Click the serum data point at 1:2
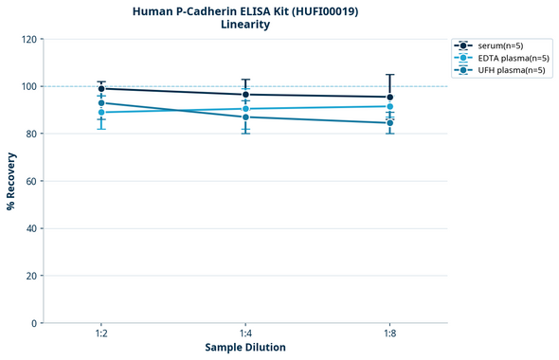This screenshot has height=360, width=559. pos(101,88)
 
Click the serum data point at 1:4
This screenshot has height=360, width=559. pos(245,95)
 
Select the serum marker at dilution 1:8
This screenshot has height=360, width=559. pos(389,97)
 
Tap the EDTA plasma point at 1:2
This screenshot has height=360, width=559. pos(101,112)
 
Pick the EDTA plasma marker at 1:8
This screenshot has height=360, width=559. pos(389,106)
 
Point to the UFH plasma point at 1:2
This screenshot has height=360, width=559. pos(101,102)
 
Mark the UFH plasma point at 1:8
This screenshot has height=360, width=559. pos(389,122)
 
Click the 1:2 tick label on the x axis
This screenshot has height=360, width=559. pos(101,334)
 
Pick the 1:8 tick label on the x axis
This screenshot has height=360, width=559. pos(389,334)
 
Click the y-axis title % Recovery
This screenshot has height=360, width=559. pos(11,180)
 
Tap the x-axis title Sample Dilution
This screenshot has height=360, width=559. pos(245,348)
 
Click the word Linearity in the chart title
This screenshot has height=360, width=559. pos(244,25)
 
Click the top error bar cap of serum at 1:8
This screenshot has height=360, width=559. pos(389,74)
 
